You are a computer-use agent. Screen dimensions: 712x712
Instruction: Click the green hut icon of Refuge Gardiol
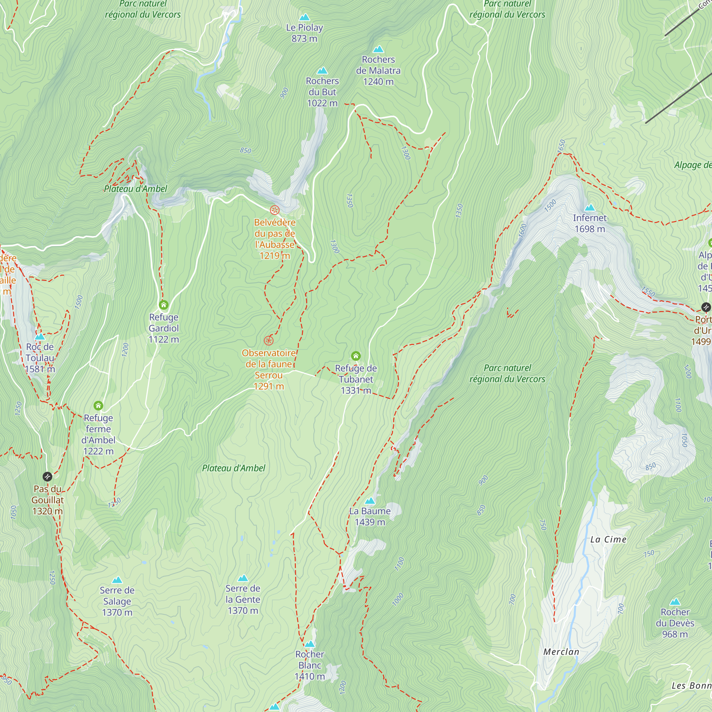click(164, 305)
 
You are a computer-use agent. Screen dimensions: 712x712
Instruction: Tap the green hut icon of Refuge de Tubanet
click(356, 356)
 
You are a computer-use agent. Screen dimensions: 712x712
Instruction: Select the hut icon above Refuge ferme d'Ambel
click(98, 405)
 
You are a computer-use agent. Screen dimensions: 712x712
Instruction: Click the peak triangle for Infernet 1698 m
click(590, 208)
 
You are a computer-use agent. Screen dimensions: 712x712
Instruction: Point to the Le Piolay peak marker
click(304, 17)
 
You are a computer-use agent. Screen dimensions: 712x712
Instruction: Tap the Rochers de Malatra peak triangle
click(378, 49)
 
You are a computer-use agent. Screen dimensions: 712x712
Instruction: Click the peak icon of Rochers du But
click(322, 70)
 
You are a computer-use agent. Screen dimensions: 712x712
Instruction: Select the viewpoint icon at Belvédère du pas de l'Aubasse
click(274, 210)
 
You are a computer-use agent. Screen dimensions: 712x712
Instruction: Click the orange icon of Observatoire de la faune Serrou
click(269, 341)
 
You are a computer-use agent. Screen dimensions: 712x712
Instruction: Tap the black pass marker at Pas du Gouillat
click(47, 477)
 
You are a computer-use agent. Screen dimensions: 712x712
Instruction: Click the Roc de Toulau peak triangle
click(40, 336)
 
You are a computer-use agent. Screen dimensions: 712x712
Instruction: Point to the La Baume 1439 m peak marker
click(370, 501)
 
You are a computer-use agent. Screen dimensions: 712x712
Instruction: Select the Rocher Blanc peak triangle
click(310, 644)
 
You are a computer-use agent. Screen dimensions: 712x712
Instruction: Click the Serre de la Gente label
click(243, 599)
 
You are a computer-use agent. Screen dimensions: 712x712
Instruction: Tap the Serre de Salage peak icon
click(117, 580)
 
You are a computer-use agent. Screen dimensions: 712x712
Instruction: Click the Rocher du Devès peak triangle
click(675, 601)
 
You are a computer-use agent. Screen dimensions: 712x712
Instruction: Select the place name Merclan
click(561, 651)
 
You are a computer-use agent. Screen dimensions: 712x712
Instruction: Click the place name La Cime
click(608, 539)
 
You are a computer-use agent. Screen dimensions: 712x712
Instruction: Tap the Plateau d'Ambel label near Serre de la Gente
click(233, 468)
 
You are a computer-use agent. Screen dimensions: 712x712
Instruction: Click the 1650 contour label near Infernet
click(561, 146)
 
